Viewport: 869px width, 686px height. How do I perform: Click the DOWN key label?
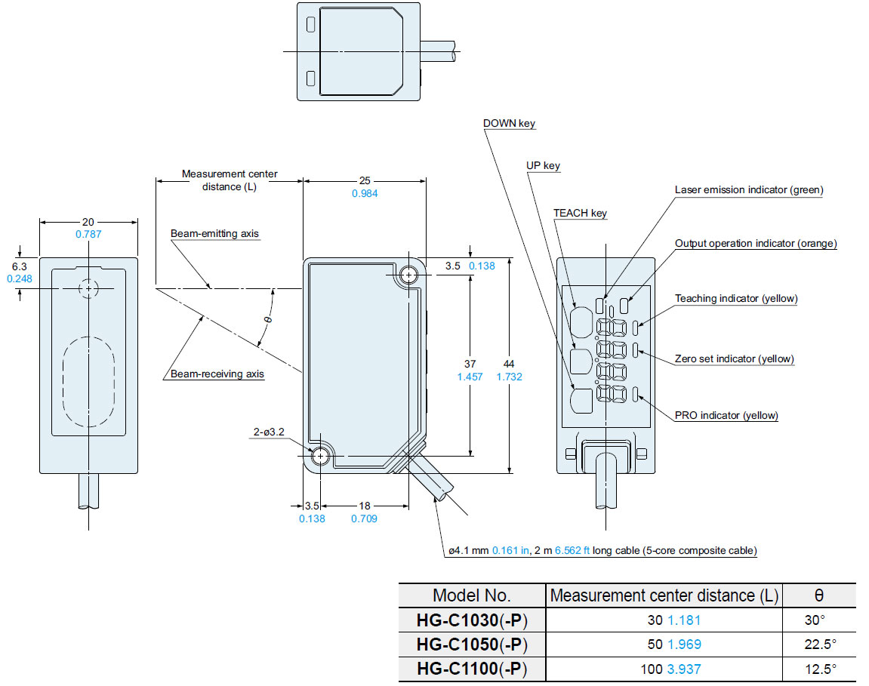[x=509, y=123]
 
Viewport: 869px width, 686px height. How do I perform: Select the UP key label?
[x=543, y=165]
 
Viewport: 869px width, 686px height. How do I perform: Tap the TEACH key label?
[x=580, y=213]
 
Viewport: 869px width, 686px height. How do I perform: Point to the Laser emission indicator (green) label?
[x=749, y=189]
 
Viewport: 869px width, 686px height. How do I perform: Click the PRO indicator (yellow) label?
[x=726, y=415]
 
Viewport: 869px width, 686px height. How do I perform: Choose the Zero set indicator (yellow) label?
[x=734, y=358]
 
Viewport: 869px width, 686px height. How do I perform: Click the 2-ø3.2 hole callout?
[x=269, y=432]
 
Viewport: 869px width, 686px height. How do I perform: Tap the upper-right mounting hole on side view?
[x=409, y=274]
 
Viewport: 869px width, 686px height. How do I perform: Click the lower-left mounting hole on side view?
[x=320, y=456]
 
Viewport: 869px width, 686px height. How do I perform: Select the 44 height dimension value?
[x=509, y=364]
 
